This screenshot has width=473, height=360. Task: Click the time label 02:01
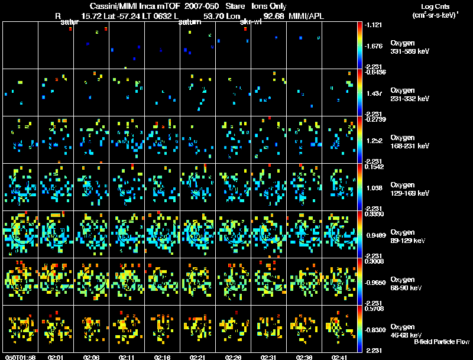click(x=56, y=358)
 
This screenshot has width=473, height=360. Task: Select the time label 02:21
click(x=198, y=358)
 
